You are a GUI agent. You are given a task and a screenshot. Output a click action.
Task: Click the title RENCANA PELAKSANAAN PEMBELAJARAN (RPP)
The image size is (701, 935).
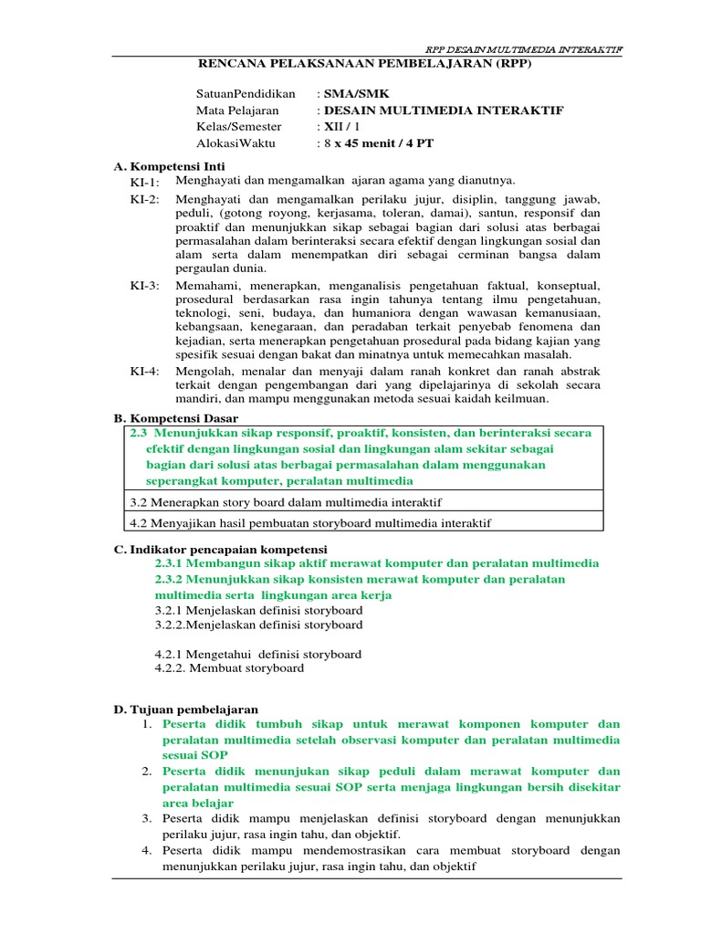click(363, 64)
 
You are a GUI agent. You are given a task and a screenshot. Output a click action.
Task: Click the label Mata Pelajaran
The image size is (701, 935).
click(233, 110)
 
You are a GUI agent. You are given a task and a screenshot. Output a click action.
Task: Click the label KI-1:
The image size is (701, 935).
click(145, 182)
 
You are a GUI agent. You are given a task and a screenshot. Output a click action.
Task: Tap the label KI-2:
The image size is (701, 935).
click(145, 199)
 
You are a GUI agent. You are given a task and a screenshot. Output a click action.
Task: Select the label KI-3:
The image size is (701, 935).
click(145, 286)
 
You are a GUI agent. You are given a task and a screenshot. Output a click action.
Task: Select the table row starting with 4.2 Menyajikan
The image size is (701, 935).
click(311, 522)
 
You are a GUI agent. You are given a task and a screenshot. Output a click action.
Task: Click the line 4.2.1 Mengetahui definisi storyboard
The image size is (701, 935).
click(258, 654)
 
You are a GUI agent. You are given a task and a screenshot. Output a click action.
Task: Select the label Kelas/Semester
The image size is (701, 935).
click(239, 127)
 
